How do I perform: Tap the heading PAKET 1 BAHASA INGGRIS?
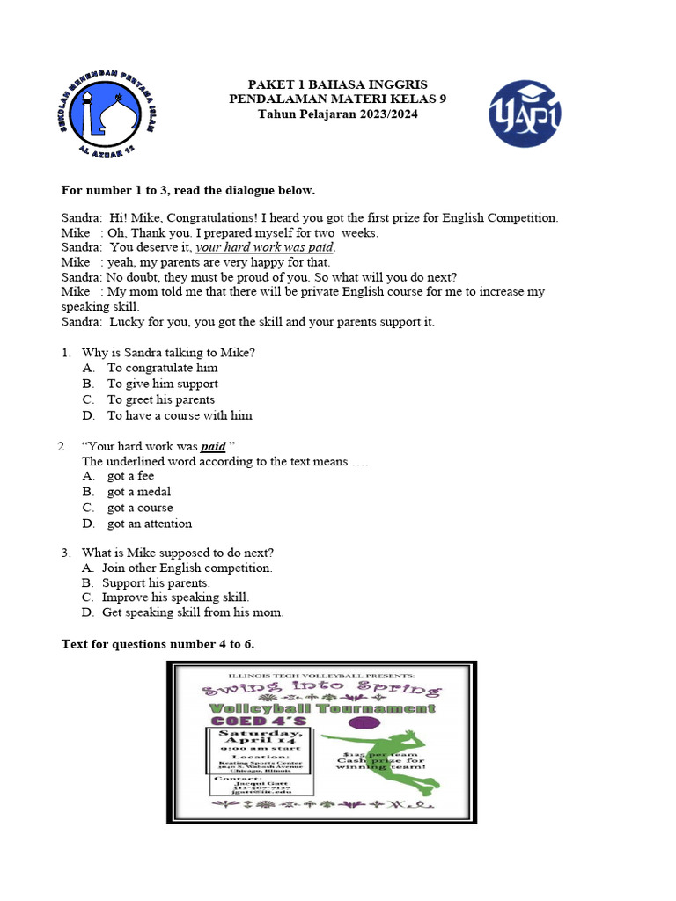pos(337,84)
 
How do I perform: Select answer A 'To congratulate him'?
pos(162,368)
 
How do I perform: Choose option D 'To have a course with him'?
pos(180,415)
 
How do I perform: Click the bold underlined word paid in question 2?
pos(213,446)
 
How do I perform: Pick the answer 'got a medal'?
pos(139,492)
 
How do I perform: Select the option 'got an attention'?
pos(149,524)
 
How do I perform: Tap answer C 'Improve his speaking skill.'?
pos(175,597)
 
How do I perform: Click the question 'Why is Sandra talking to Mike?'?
pos(168,352)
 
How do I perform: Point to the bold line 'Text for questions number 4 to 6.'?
pos(158,644)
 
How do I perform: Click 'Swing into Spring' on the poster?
pos(322,688)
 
